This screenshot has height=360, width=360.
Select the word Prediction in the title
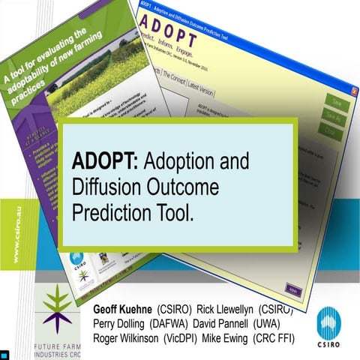[x=106, y=212]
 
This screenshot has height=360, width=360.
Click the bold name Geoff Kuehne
[x=123, y=310]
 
